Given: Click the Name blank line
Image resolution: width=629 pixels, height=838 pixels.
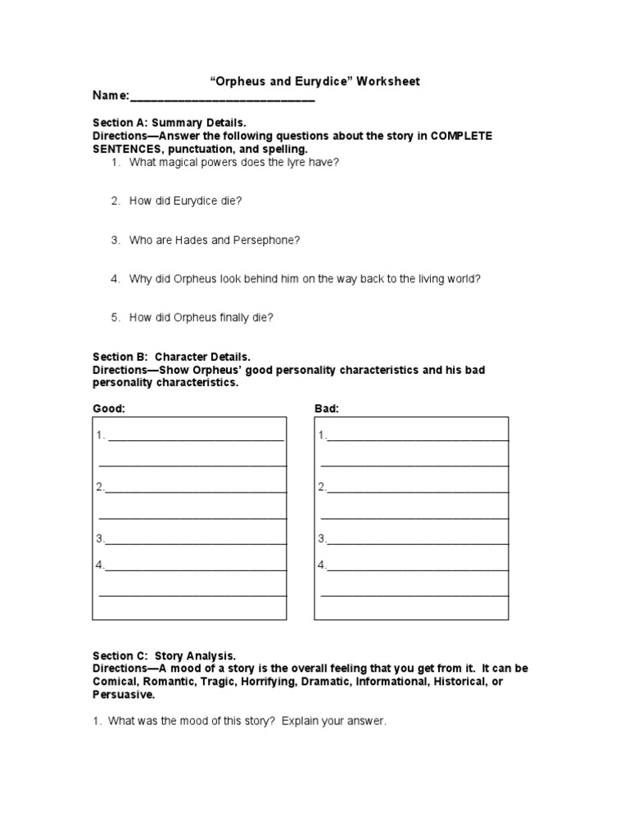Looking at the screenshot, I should coord(222,97).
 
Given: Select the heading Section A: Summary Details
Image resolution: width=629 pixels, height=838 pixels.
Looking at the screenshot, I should coord(169,122).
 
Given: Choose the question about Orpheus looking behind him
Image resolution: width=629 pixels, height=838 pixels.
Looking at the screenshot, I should coord(304,279).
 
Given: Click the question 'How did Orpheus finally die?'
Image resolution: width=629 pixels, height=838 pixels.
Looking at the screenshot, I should coord(201,318).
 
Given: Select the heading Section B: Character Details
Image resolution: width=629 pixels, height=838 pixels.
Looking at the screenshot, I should coord(171,357).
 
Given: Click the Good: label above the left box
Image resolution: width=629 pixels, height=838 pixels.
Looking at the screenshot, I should coord(109,408).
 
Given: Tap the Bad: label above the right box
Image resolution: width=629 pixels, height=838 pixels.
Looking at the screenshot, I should coord(327,408).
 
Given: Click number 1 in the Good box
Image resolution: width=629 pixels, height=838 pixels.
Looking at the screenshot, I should coord(101,435).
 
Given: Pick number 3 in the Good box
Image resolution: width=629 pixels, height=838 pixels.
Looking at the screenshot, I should coord(100,538).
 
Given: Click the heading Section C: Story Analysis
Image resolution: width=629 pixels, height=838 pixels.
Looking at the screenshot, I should coord(164,656).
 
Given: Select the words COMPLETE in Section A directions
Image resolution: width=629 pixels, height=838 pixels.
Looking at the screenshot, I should coord(459,135).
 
